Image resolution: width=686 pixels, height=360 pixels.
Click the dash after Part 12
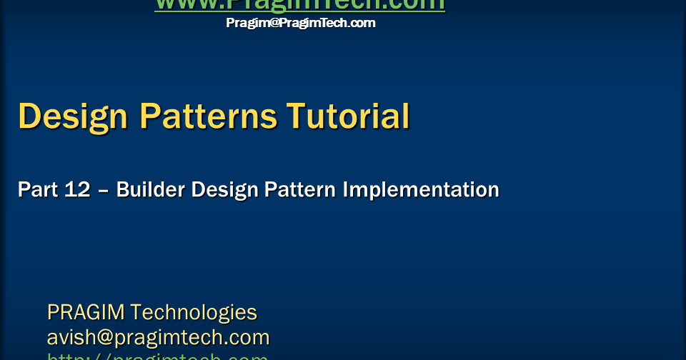[x=104, y=191]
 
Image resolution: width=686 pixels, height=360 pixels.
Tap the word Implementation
[x=421, y=190]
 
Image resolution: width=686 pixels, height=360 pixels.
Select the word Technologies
[x=194, y=312]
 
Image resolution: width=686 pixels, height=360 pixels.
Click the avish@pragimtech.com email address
[x=158, y=337]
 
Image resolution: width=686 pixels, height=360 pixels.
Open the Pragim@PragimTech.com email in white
[x=300, y=23]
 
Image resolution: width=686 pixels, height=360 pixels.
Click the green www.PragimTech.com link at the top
[x=299, y=5]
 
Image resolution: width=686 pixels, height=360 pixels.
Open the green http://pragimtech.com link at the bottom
[x=157, y=356]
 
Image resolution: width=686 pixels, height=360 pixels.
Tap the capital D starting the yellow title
[x=30, y=116]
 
